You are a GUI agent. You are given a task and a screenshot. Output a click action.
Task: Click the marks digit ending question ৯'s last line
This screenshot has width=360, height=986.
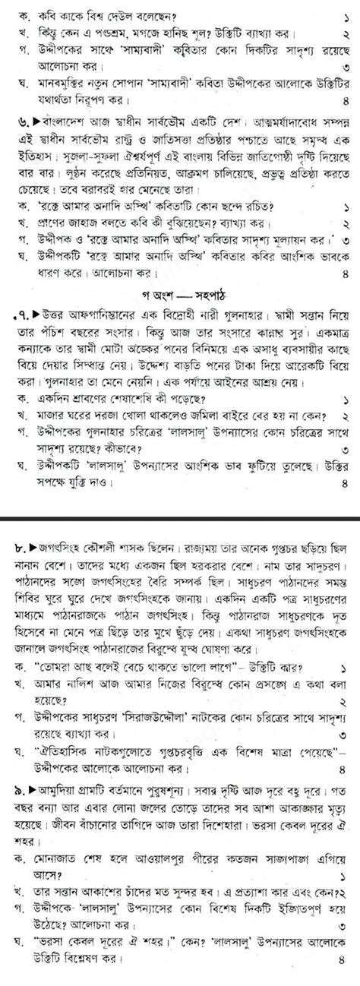point(346,975)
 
